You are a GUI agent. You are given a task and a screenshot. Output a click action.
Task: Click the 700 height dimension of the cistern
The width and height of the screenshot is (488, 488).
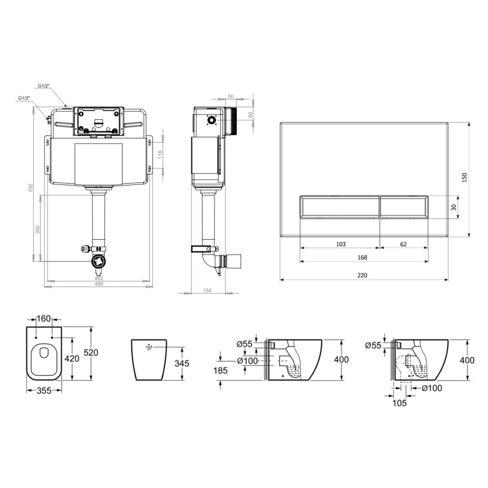tap(30, 188)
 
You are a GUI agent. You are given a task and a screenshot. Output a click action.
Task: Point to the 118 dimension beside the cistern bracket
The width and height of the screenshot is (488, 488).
tap(160, 155)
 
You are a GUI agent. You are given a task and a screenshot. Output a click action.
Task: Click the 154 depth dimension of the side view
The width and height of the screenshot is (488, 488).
tap(207, 291)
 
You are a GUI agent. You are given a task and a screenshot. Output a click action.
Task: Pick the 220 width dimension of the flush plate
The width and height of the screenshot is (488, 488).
tap(362, 275)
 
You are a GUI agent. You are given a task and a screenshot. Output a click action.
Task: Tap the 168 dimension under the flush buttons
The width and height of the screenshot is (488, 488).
tap(362, 258)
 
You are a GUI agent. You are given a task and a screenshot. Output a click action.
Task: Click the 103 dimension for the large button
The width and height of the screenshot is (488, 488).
tap(341, 244)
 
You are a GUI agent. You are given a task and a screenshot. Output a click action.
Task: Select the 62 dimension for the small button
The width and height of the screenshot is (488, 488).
tap(403, 244)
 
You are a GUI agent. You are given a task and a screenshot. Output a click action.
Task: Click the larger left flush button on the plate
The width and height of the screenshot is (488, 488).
tap(339, 207)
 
